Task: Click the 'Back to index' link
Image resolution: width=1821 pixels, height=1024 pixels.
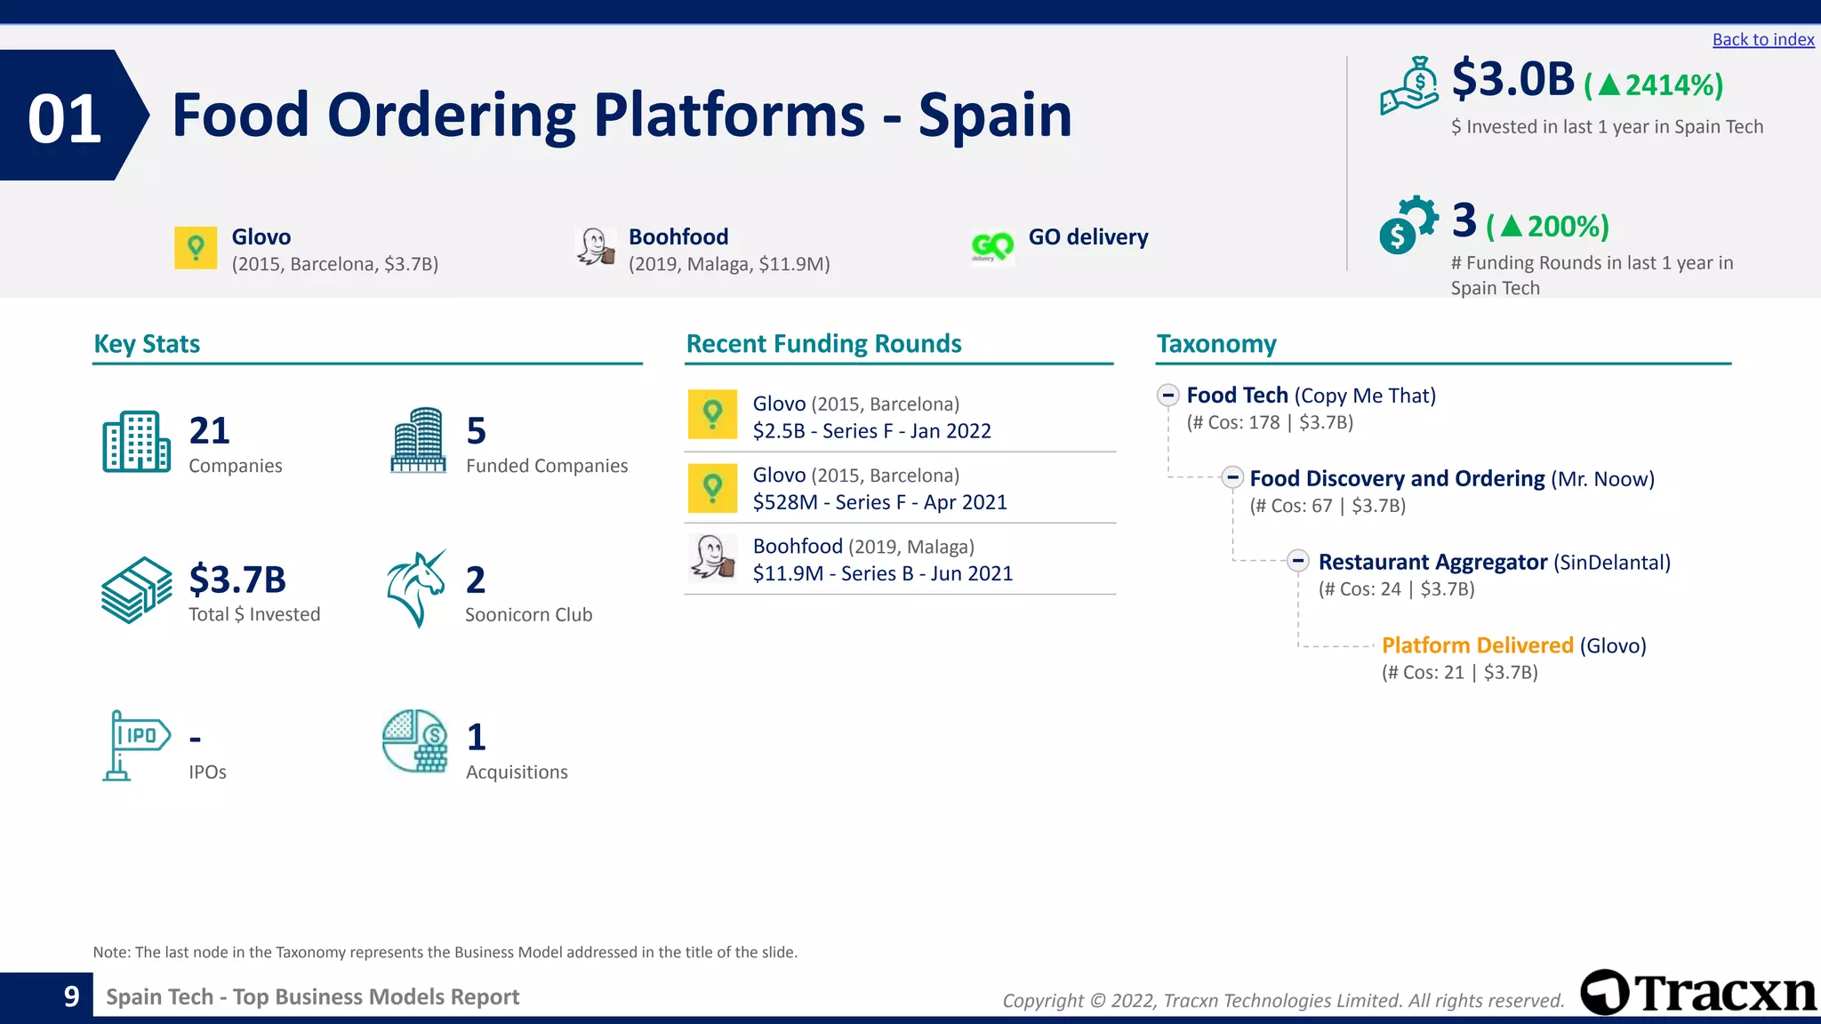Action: pos(1762,40)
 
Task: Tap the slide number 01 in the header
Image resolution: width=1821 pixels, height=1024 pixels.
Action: pos(64,118)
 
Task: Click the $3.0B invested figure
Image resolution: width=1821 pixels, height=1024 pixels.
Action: pos(1512,79)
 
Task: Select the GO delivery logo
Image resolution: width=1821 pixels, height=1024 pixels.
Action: pos(992,245)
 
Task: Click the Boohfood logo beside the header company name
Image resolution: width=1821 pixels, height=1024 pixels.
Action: pos(595,246)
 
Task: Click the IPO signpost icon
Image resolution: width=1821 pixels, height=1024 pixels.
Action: pos(135,745)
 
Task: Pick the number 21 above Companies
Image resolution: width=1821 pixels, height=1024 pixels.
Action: pos(210,431)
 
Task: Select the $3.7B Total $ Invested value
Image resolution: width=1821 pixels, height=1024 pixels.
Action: pos(237,580)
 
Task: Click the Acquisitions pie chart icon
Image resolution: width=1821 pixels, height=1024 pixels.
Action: pos(414,741)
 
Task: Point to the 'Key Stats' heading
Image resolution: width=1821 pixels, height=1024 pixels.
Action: pos(147,344)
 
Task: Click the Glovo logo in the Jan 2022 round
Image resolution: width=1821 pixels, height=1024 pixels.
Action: pos(712,414)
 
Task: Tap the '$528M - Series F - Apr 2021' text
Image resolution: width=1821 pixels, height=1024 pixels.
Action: pos(879,502)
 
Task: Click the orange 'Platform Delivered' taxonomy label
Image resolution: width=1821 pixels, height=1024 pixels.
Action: pos(1477,645)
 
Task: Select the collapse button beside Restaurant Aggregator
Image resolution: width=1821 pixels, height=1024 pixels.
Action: pos(1298,561)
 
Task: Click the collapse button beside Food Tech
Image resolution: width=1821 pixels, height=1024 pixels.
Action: pos(1168,395)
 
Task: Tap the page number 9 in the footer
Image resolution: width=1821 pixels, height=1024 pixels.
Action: pos(72,996)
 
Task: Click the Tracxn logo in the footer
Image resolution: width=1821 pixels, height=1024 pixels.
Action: pos(1698,993)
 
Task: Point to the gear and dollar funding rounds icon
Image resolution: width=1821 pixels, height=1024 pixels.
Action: pos(1408,225)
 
